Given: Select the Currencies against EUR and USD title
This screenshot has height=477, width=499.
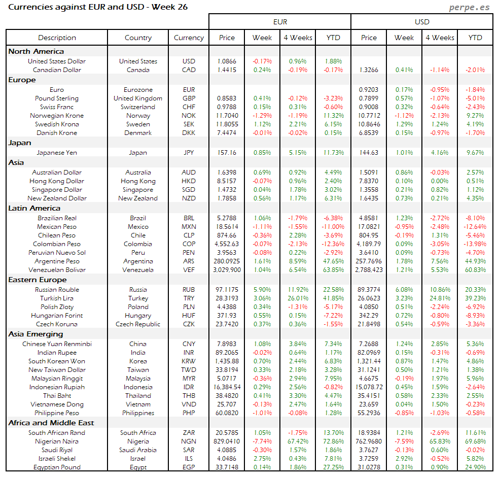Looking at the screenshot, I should point(98,7).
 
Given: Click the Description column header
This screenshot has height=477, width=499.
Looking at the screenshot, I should point(57,38).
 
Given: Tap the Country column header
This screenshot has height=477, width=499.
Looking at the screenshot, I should point(138,38).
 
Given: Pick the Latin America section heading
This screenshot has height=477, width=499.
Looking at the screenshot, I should point(34,208).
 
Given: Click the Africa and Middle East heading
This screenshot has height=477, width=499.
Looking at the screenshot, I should point(51,423).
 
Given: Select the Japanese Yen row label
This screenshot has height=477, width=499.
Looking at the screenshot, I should point(57,152).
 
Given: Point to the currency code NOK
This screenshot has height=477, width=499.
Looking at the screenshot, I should point(189,116).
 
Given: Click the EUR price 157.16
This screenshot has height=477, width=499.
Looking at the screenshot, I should point(227,152).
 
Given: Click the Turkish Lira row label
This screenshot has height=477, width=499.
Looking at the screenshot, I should point(57,298).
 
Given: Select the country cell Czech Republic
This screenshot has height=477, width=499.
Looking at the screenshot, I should point(138,324).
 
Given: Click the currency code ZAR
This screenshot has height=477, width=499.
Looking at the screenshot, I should point(189,433).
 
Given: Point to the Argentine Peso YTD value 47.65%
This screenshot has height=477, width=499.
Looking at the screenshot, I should point(333,261).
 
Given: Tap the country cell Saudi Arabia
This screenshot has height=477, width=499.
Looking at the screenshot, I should point(138,450).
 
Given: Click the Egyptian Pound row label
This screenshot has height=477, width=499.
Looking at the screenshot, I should point(57,467).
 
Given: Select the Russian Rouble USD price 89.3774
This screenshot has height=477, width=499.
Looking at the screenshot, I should point(368,290).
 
